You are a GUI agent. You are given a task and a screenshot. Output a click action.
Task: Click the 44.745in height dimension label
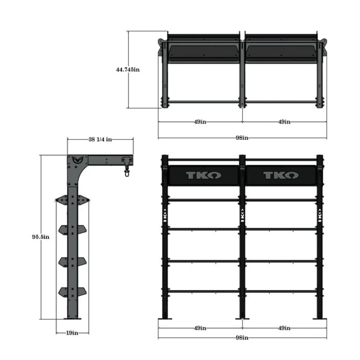coord(127,70)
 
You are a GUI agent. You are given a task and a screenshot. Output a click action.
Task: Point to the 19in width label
coord(73,333)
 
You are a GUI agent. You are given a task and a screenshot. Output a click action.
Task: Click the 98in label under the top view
coord(242,138)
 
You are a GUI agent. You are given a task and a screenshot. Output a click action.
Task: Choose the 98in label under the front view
coord(242,337)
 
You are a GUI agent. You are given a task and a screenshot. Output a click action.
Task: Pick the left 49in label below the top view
coord(200,122)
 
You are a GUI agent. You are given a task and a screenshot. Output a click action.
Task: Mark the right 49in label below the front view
coord(284,328)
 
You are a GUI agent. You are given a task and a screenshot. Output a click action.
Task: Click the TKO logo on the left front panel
coord(204,175)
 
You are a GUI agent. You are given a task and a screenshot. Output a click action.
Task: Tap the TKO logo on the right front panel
coord(280,175)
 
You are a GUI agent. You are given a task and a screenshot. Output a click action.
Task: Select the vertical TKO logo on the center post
coord(242,215)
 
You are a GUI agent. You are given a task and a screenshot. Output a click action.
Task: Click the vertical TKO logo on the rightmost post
coord(319,215)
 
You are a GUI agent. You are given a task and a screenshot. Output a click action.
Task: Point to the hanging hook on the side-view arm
coord(126,169)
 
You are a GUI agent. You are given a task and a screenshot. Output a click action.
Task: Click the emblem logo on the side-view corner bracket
coord(76,160)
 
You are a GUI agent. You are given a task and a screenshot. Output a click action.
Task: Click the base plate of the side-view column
coord(73,318)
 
